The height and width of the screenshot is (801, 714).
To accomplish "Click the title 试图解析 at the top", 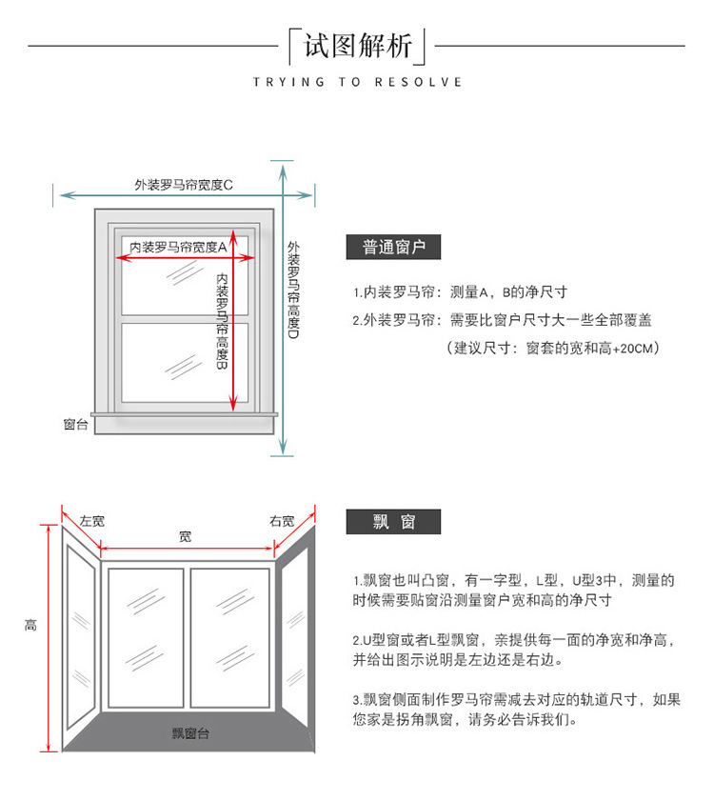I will [358, 45].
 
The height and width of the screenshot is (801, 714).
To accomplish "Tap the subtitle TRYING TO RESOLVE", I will [357, 82].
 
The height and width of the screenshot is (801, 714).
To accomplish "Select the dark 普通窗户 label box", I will [393, 248].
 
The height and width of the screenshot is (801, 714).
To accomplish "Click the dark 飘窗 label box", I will [393, 521].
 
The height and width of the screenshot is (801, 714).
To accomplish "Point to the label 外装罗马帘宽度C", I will [184, 185].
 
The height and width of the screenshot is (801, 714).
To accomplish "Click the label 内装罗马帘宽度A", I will [178, 247].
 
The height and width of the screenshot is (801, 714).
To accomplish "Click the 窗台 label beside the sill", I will [76, 425].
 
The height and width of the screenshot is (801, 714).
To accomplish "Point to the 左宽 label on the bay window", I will [92, 521].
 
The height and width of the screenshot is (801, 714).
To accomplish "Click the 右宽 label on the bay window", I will [282, 521].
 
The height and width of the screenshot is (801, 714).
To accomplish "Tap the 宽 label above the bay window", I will [185, 537].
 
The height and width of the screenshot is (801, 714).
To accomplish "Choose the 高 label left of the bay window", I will [30, 625].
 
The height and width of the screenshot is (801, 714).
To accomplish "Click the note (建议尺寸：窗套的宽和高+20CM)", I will [552, 349].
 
